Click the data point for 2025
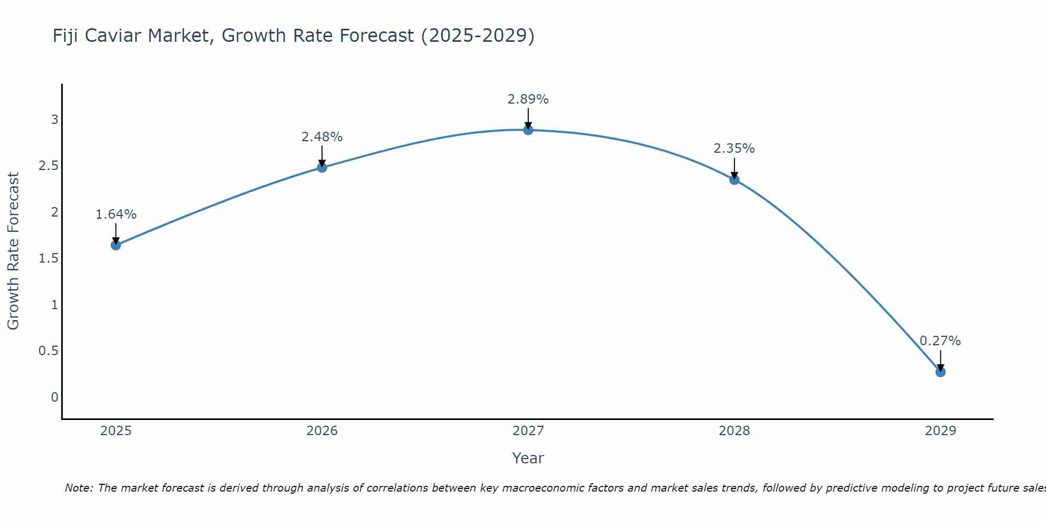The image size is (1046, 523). (x=116, y=245)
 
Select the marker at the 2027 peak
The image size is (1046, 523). (x=528, y=130)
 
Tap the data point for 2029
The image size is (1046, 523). (x=940, y=372)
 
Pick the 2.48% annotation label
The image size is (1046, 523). (x=322, y=137)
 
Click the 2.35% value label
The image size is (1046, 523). (x=734, y=149)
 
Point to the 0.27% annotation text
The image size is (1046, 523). (x=940, y=341)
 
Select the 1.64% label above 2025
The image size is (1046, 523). (x=116, y=214)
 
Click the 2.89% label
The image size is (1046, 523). (x=528, y=99)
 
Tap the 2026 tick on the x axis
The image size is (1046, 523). (x=322, y=431)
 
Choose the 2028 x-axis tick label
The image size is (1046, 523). (x=734, y=431)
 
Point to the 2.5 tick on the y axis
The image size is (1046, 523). (x=48, y=166)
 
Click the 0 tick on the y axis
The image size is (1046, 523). (x=54, y=397)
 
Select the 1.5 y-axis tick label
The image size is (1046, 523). (x=48, y=258)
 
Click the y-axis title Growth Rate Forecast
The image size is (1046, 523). (x=13, y=251)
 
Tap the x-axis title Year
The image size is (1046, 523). (x=528, y=458)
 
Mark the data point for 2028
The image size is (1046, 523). (x=734, y=179)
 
